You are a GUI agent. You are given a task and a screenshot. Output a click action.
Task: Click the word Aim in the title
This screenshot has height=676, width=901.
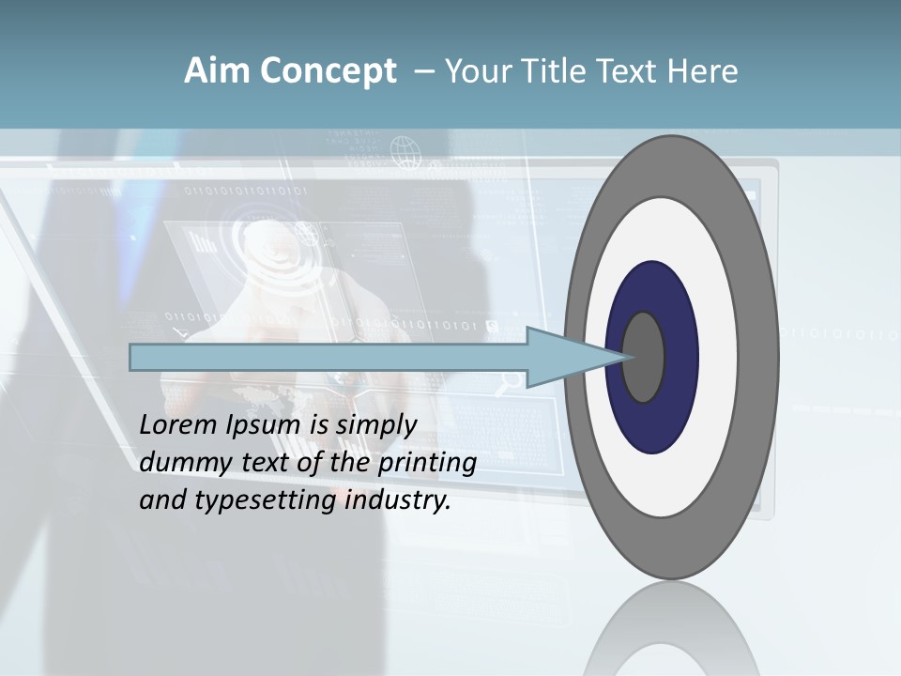pyautogui.click(x=209, y=71)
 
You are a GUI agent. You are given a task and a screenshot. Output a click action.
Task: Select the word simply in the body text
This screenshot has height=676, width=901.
pyautogui.click(x=376, y=425)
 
